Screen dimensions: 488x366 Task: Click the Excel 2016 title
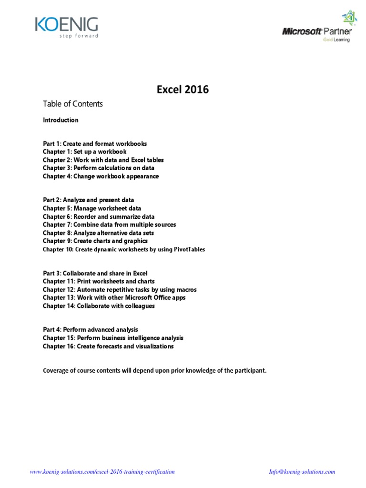[183, 89]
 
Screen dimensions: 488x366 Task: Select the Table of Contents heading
[72, 103]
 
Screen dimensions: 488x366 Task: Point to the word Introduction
[61, 120]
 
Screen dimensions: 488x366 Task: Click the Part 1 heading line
[95, 143]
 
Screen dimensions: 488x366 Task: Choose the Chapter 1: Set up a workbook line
[84, 152]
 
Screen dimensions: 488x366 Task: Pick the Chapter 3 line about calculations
[98, 168]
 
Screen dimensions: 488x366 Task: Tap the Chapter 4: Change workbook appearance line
[101, 176]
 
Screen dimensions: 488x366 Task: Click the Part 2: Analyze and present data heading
[88, 200]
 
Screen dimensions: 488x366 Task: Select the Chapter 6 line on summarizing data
[98, 216]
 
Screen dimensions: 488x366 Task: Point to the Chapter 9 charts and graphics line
[95, 241]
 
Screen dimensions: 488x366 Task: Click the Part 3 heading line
[95, 274]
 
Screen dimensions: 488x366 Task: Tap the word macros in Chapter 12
[186, 290]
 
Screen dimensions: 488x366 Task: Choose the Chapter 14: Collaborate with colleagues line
[99, 306]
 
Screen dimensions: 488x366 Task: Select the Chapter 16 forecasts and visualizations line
[108, 346]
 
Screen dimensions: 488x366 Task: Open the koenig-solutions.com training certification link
[102, 458]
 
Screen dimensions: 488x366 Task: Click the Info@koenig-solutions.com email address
[302, 458]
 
